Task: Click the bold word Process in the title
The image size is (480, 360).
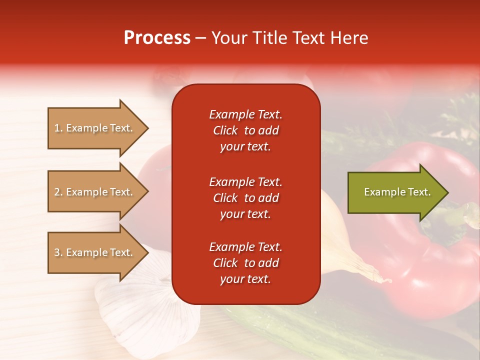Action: [x=157, y=38]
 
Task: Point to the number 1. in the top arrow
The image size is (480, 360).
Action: [x=58, y=128]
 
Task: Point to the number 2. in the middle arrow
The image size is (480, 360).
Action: [x=58, y=192]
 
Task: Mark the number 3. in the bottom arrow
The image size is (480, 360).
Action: [x=58, y=252]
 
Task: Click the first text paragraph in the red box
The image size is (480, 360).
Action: [x=245, y=130]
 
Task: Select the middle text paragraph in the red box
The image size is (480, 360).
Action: [x=245, y=198]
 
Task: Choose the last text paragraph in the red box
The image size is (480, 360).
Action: [x=245, y=263]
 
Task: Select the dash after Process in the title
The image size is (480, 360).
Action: [x=200, y=38]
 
